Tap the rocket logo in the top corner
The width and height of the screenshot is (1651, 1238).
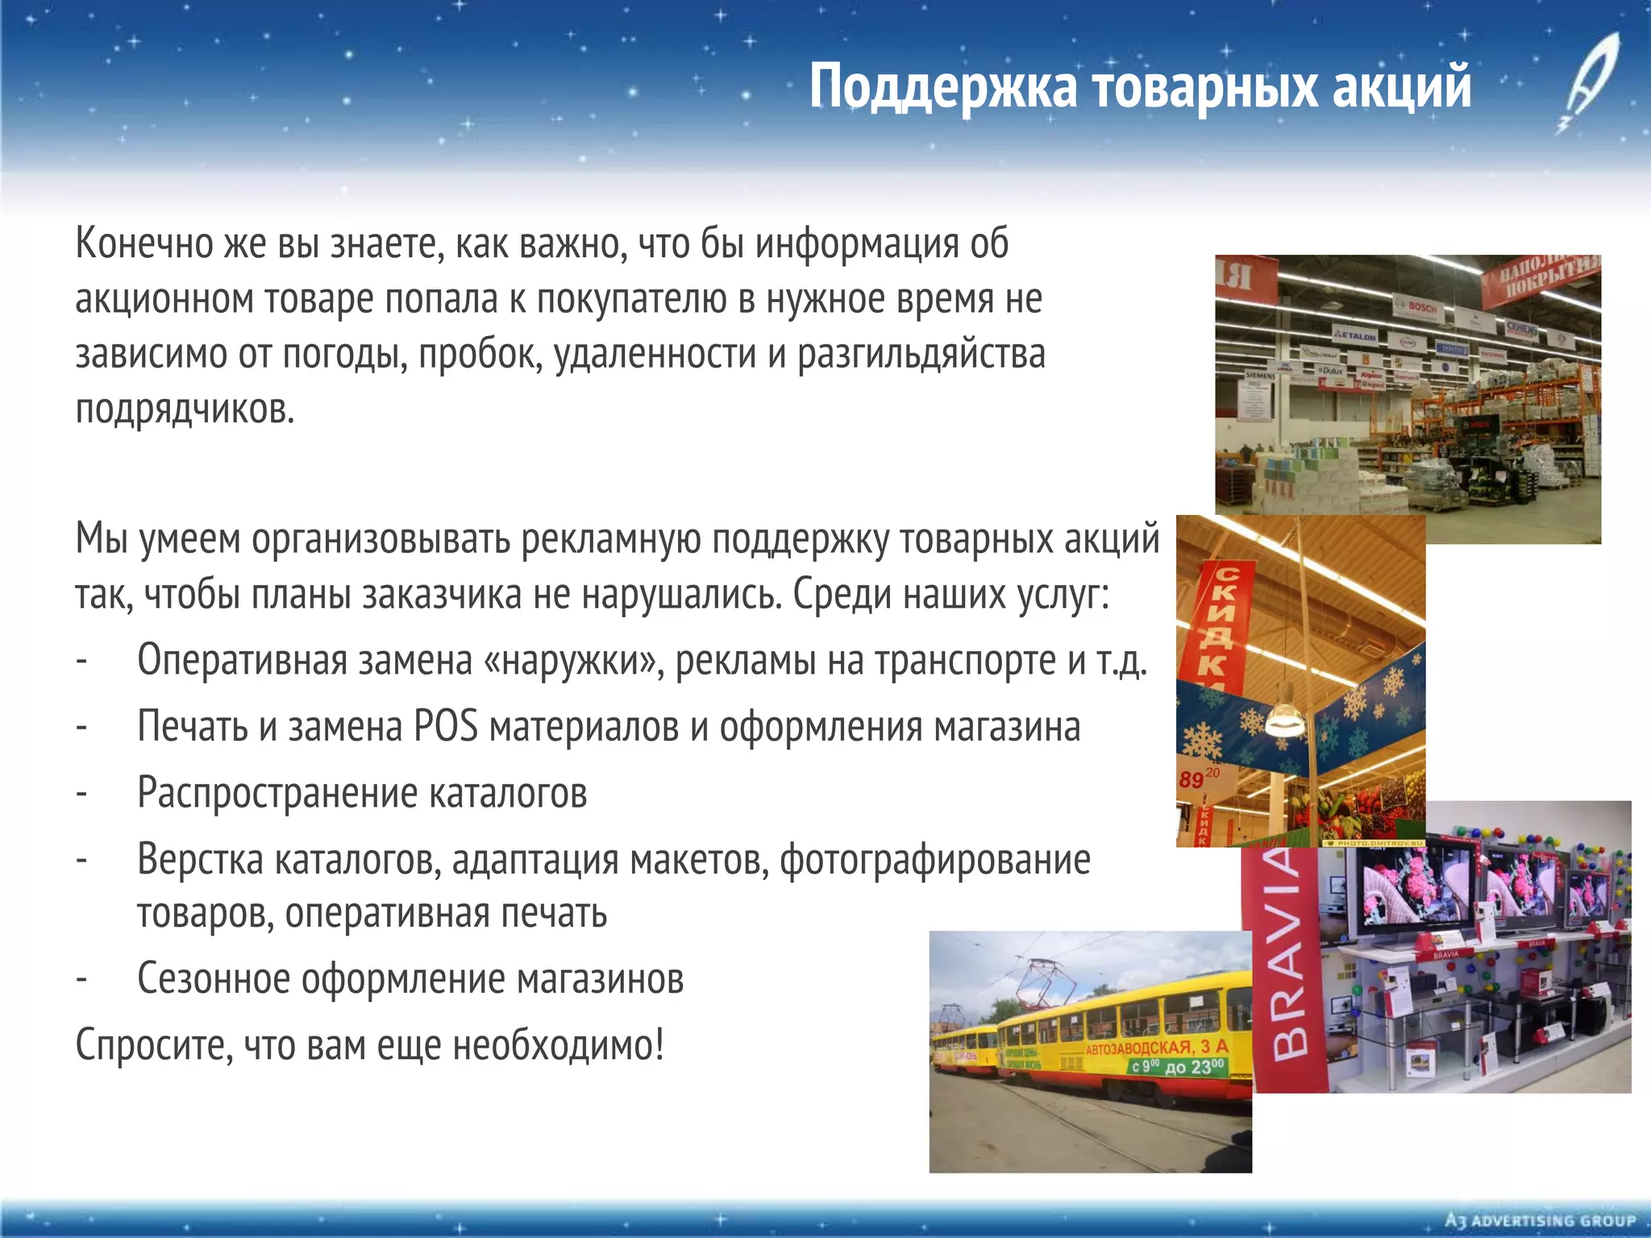point(1582,81)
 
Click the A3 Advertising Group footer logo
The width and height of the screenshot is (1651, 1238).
point(1541,1219)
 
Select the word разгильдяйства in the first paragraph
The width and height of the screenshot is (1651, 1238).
point(921,355)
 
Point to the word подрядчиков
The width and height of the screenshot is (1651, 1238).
point(185,409)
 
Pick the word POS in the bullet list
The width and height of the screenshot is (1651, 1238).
point(445,726)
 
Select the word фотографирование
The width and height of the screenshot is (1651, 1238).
point(934,859)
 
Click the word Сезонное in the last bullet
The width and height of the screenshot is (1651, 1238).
point(214,978)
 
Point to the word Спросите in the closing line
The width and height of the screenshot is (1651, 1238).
point(154,1045)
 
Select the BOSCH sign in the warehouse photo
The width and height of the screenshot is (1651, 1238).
point(1422,307)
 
